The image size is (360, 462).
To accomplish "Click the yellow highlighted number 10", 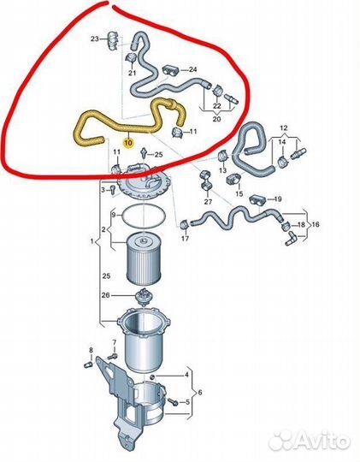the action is pos(129,143).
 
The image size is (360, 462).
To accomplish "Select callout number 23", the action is pos(94,38).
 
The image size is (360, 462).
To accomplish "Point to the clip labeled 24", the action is pos(170,71).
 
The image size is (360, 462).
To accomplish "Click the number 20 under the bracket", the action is pos(216,119).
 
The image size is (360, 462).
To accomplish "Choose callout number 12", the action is pos(283,128).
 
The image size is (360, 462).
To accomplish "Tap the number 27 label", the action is pos(208,202).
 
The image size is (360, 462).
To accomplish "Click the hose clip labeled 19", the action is pos(258,201).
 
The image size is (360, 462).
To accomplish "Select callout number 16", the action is pos(316,224).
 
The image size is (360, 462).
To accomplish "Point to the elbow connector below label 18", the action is pos(291,238).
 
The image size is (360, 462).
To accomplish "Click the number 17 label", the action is pos(185,238).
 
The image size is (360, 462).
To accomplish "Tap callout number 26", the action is pos(105,294).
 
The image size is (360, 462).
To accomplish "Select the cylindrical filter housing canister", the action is pos(144,339).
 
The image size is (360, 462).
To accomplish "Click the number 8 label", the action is pos(91,350).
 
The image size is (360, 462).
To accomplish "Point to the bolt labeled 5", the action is pos(173,401).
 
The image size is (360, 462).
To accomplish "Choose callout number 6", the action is pos(200,393).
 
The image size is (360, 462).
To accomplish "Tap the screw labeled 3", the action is pos(112,190).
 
